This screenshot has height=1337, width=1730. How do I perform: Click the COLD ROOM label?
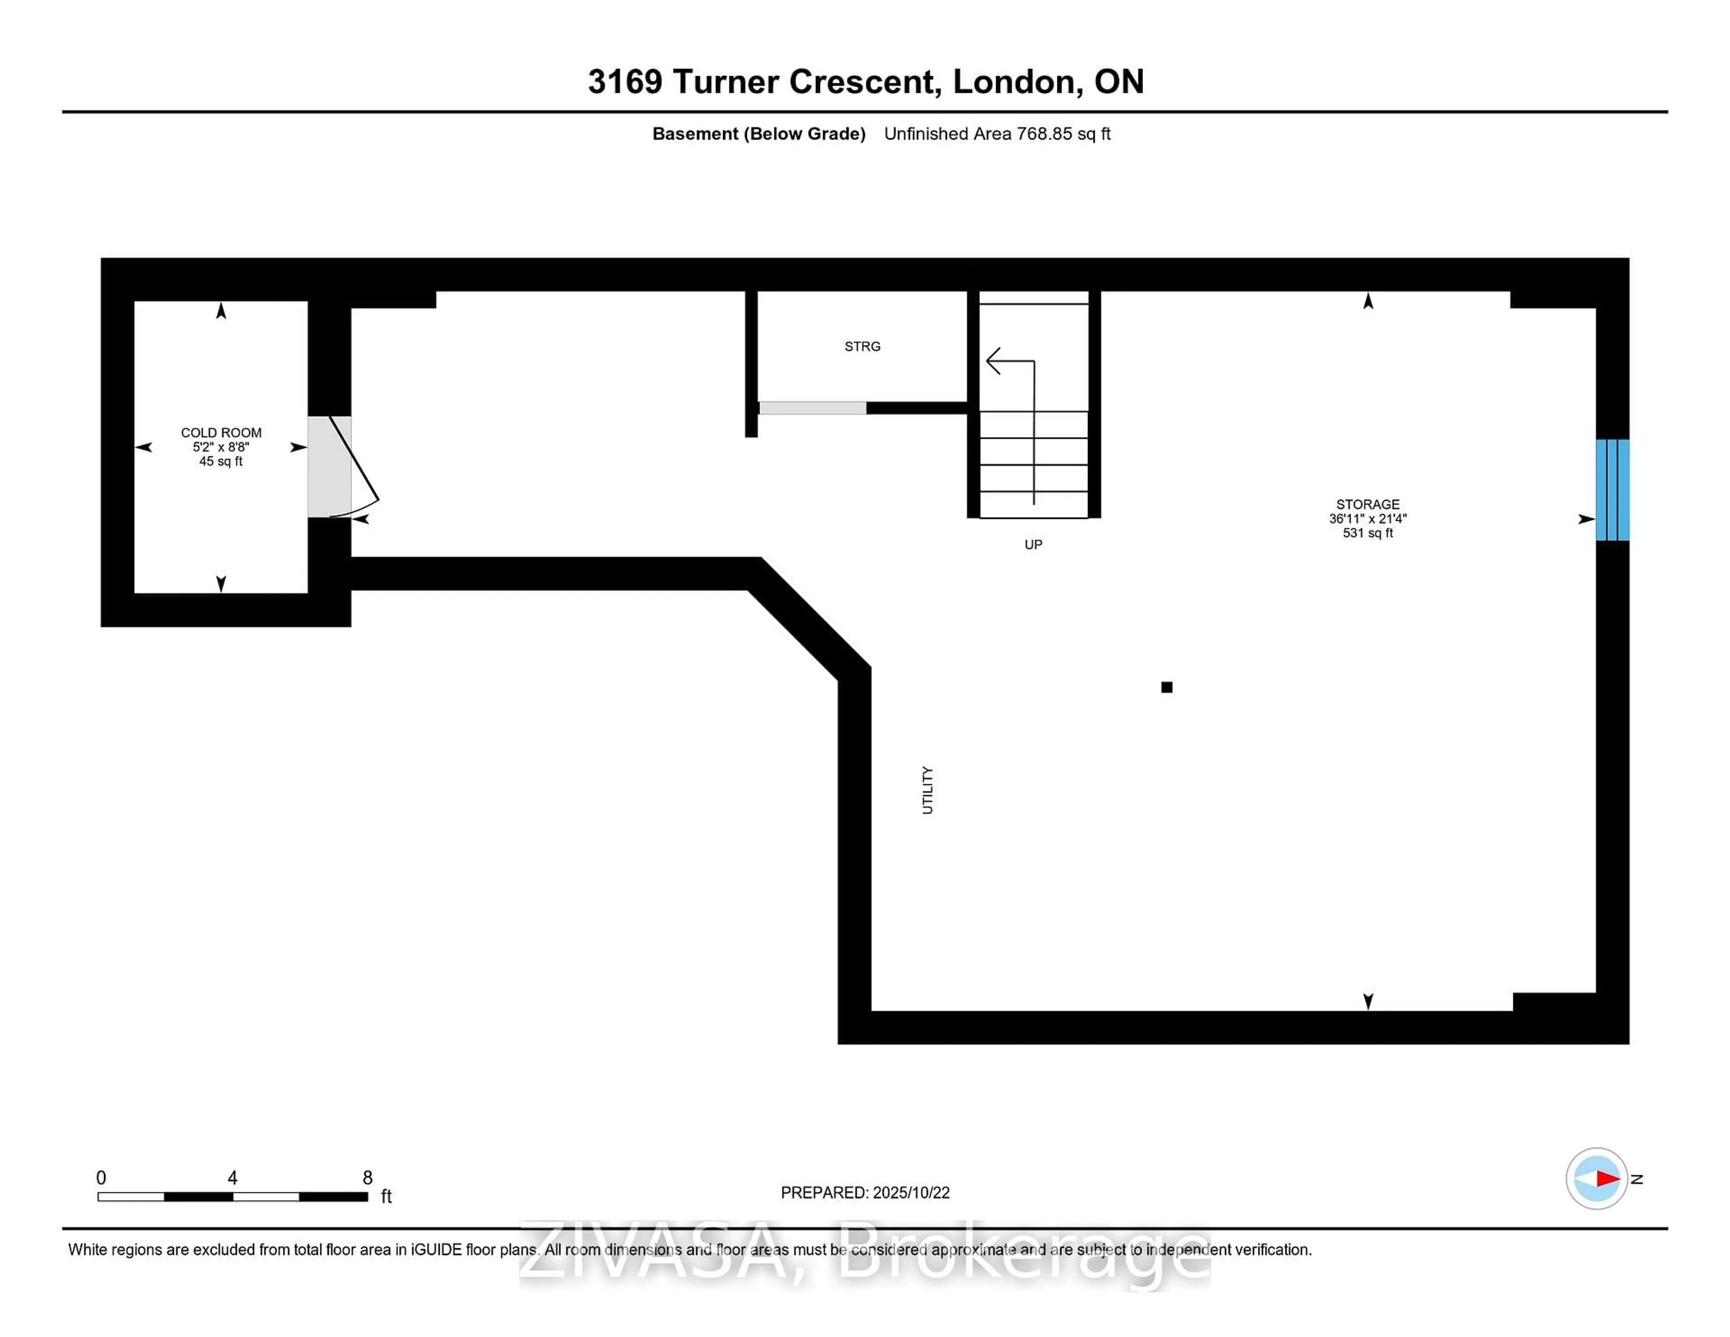(x=221, y=432)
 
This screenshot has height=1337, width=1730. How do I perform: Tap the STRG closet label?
(x=862, y=346)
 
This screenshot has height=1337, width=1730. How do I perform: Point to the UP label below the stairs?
(x=1033, y=544)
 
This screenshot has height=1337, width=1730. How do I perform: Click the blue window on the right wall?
(x=1612, y=490)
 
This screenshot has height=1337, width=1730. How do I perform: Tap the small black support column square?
(x=1166, y=687)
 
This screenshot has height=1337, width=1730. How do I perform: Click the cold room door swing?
(x=354, y=467)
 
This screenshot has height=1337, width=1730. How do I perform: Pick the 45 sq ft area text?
(x=221, y=461)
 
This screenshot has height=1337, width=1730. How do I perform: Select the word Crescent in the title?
(x=865, y=82)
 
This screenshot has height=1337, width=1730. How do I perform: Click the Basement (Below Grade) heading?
(x=758, y=134)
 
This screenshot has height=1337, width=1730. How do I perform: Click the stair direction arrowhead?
(x=992, y=361)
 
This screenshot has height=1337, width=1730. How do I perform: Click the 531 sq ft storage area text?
(x=1367, y=533)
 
